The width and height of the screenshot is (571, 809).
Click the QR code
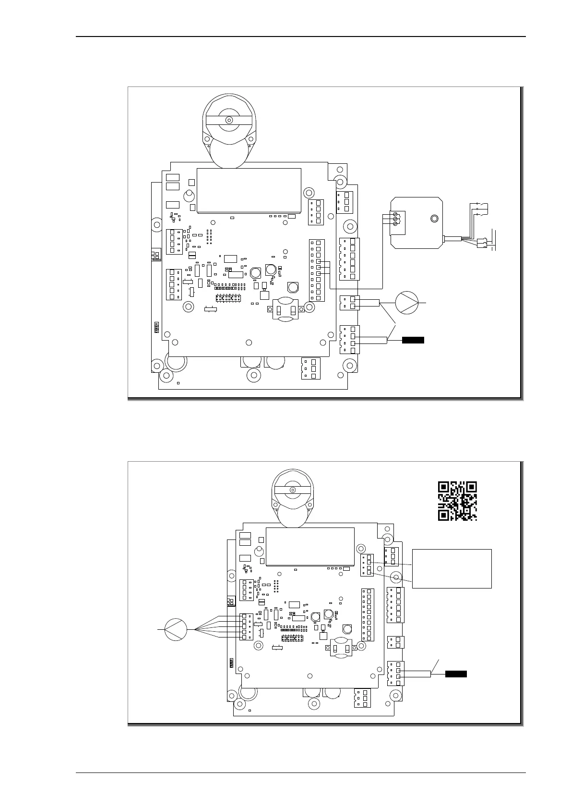pyautogui.click(x=457, y=501)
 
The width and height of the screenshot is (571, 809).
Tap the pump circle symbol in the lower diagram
pyautogui.click(x=176, y=629)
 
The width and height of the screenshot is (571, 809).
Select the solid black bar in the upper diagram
pyautogui.click(x=413, y=341)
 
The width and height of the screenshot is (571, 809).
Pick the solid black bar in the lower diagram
pyautogui.click(x=456, y=674)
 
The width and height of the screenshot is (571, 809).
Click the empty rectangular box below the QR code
pyautogui.click(x=452, y=568)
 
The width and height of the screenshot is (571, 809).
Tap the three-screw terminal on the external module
pyautogui.click(x=395, y=219)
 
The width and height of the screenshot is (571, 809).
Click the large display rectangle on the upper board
pyautogui.click(x=249, y=190)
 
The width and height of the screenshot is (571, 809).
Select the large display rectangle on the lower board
pyautogui.click(x=310, y=546)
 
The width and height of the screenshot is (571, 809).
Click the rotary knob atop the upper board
pyautogui.click(x=229, y=120)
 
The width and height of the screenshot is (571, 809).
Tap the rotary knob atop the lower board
pyautogui.click(x=293, y=490)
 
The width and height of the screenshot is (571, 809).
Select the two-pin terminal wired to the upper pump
pyautogui.click(x=349, y=303)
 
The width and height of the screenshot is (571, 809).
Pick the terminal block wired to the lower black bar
pyautogui.click(x=395, y=674)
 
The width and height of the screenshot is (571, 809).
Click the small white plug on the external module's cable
pyautogui.click(x=481, y=244)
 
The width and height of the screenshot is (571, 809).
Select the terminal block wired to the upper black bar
pyautogui.click(x=349, y=340)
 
